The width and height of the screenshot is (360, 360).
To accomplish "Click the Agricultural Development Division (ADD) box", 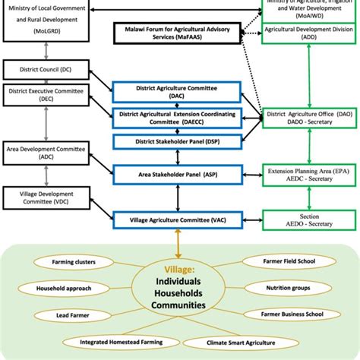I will [310, 32].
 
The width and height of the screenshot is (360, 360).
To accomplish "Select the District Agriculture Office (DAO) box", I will [310, 118].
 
